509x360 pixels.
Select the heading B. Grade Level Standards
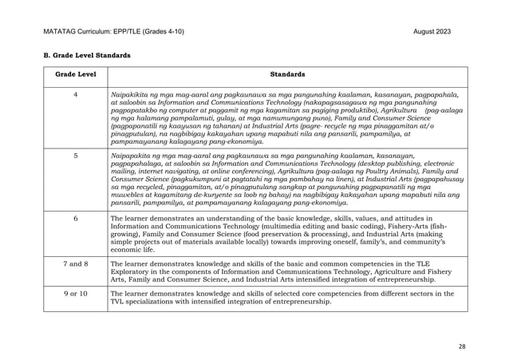point(78,57)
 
